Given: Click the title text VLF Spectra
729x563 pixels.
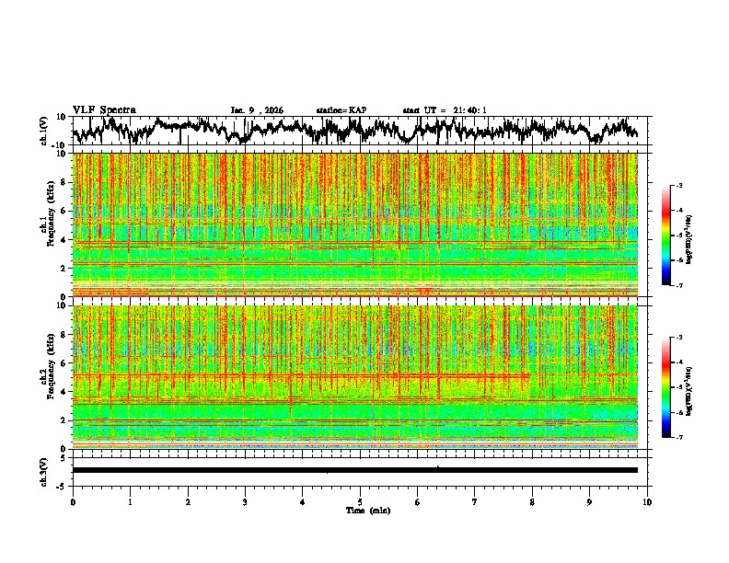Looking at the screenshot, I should [x=104, y=109].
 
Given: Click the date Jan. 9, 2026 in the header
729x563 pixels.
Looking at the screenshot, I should [x=257, y=110].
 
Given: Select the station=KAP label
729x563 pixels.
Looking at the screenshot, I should [x=341, y=110].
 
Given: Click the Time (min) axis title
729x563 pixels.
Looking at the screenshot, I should [x=367, y=510].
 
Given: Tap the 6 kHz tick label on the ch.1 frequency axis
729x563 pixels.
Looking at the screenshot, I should [x=64, y=211].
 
